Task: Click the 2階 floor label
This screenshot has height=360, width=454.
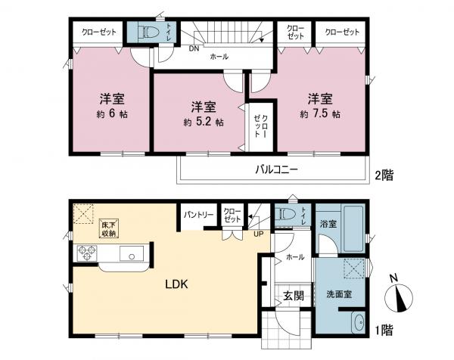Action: pyautogui.click(x=384, y=175)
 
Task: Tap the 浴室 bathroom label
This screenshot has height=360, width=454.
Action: pyautogui.click(x=327, y=225)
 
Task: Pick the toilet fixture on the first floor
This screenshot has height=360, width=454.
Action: pyautogui.click(x=286, y=214)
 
